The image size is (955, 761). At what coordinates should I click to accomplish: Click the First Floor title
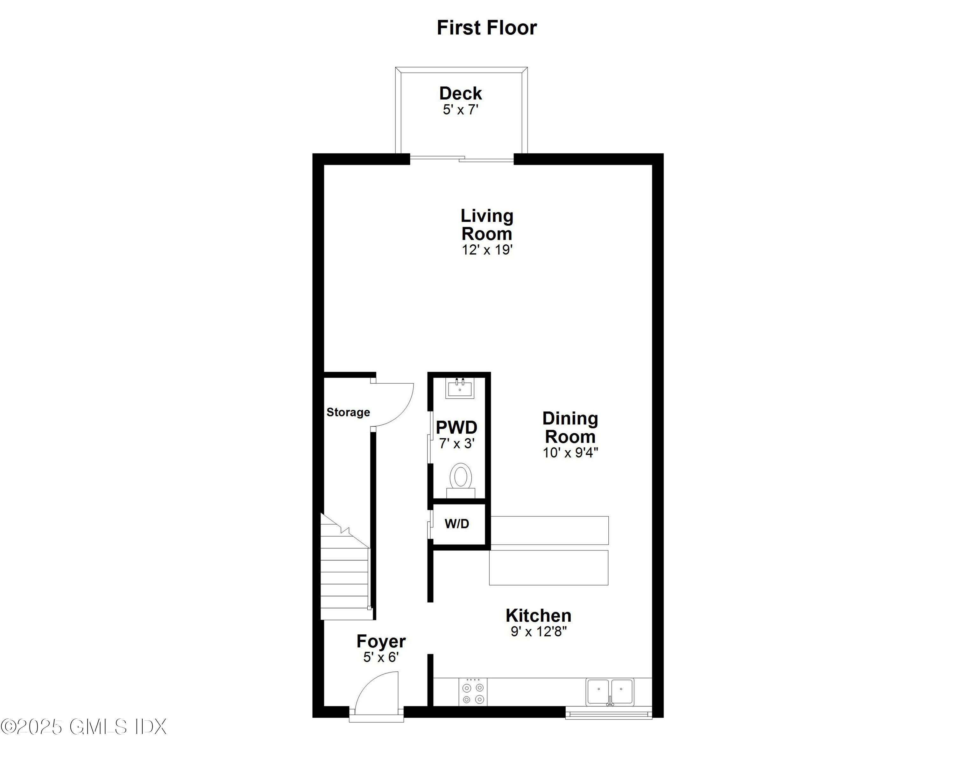click(x=486, y=27)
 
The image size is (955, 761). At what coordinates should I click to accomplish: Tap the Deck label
click(x=460, y=94)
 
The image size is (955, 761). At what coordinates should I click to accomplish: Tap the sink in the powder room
click(x=460, y=389)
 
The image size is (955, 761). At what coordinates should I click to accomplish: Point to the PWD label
click(x=456, y=428)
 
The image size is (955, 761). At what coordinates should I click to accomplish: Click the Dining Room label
click(x=570, y=427)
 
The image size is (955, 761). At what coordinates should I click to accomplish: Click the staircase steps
click(x=345, y=576)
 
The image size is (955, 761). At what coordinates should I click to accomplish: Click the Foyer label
click(x=381, y=641)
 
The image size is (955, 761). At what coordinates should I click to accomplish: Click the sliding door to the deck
click(x=462, y=158)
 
